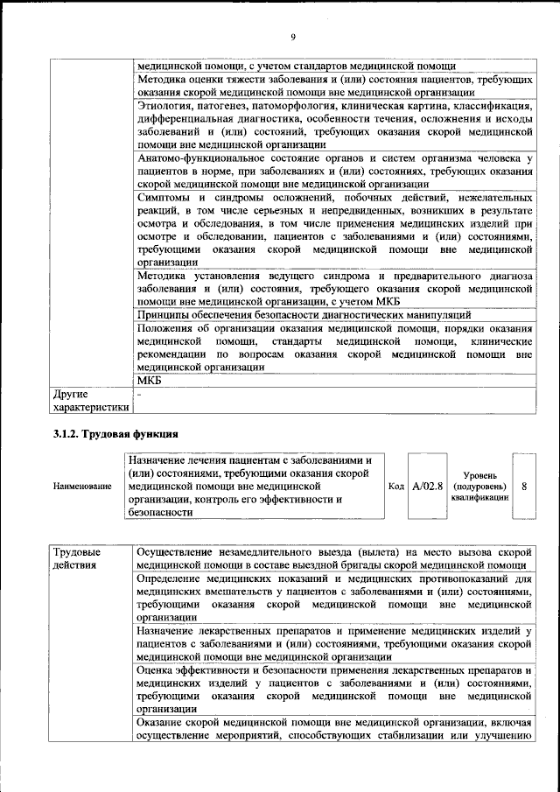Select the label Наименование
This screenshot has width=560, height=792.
82,486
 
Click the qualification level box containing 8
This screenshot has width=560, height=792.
523,485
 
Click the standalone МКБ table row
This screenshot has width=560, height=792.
150,381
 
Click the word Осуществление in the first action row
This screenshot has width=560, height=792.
178,552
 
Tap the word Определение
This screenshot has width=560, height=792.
174,578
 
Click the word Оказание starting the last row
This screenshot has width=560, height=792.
164,723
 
